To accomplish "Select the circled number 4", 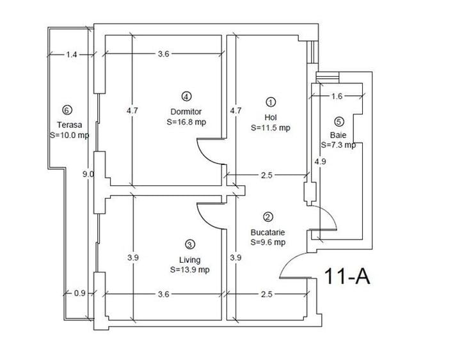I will [x=186, y=97].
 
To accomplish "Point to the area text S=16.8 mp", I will [x=186, y=121].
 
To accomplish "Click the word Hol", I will [x=270, y=116].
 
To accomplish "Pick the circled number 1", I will [x=271, y=102].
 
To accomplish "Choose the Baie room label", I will [x=338, y=135].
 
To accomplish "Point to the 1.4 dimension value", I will [x=71, y=55].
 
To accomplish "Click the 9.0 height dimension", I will [x=88, y=174].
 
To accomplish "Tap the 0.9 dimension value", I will [x=80, y=294].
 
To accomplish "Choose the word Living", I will [x=190, y=260].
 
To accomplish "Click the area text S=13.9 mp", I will [x=190, y=270].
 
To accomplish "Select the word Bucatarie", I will [x=268, y=232].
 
